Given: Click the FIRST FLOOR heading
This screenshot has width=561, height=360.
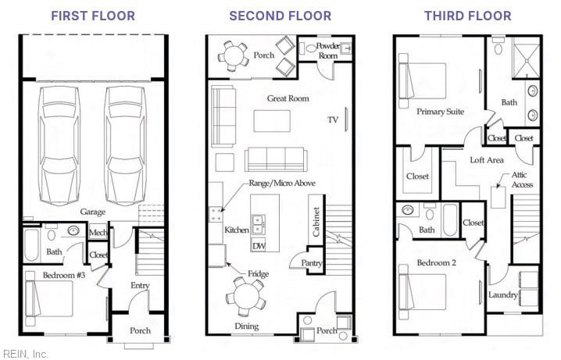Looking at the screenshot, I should pos(93,16).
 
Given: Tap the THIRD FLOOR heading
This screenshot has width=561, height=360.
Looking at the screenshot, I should pos(468,16).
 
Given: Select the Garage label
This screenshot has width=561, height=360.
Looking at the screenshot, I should pos(93,212).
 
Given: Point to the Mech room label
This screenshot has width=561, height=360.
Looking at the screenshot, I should pos(98,232).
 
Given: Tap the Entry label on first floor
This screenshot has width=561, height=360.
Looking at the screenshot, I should pos(140,286).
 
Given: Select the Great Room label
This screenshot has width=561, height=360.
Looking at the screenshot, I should pos(288,98).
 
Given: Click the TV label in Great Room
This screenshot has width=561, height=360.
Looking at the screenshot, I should pos(333,120).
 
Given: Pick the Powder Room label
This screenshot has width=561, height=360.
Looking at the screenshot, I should pos(328,50).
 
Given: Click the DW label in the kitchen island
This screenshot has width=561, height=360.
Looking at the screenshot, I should pos(259,246).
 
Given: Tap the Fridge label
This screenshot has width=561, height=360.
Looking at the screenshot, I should pos(259,274).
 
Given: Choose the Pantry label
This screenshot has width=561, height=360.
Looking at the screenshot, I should pos(313,264).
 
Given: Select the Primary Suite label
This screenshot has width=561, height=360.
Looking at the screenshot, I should pos(440,112).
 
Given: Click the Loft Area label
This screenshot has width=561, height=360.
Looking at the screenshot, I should pos(486,159).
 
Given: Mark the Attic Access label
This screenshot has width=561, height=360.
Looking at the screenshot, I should pos(523,180).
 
